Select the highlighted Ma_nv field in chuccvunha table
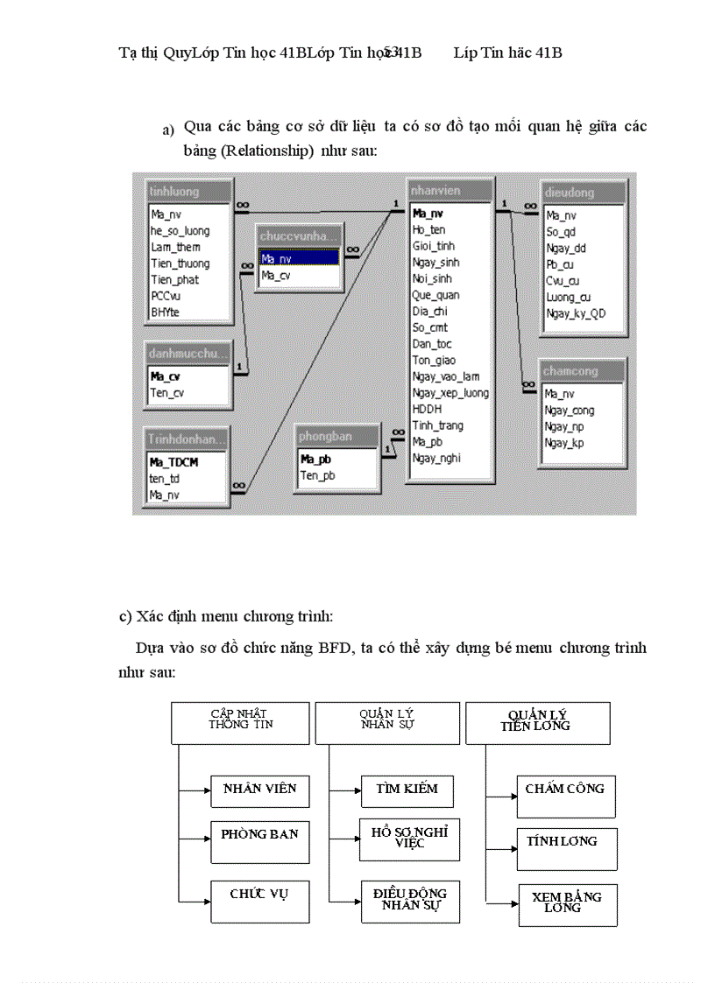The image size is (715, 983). [298, 258]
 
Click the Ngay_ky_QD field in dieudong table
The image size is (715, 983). [575, 313]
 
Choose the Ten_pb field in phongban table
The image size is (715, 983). [317, 475]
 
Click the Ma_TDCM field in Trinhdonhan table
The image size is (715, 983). [173, 462]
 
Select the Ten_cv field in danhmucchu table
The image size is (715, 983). [167, 393]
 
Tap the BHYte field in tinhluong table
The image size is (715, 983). [164, 312]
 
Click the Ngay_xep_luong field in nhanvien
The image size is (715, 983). [450, 393]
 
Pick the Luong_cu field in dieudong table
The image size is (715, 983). [568, 297]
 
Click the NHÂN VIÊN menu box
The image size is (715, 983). [259, 790]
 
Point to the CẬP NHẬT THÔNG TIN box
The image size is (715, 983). [240, 722]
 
